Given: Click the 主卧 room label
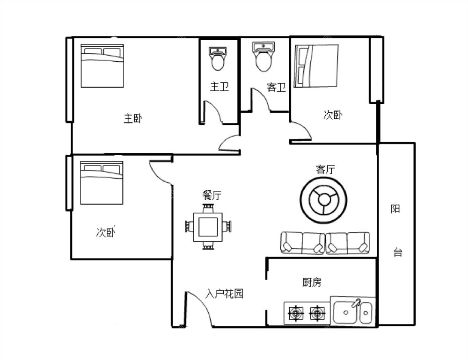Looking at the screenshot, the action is [133, 119].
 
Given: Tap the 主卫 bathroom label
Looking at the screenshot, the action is [219, 87].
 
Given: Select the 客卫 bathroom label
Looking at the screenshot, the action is [276, 87].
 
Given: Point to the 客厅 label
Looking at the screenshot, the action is [325, 169].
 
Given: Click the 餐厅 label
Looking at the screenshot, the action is [212, 195].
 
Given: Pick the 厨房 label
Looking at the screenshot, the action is [312, 282].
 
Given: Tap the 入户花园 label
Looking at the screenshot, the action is [225, 294].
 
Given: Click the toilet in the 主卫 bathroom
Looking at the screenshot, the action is [218, 58].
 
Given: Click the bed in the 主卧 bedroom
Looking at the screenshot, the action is [102, 66].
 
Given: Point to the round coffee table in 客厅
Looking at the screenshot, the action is [323, 200].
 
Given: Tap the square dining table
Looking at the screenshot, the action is [208, 227].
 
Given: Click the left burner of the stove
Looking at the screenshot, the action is [296, 313].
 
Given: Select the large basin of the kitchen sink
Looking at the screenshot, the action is [346, 312].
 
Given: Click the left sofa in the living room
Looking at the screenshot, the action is [303, 243].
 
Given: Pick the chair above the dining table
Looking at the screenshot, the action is [208, 208].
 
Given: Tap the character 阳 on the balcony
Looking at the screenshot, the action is [395, 209].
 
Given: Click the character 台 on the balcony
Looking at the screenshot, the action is [397, 252].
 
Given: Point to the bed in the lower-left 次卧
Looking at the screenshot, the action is [102, 183].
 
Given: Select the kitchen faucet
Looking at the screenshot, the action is [356, 303].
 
